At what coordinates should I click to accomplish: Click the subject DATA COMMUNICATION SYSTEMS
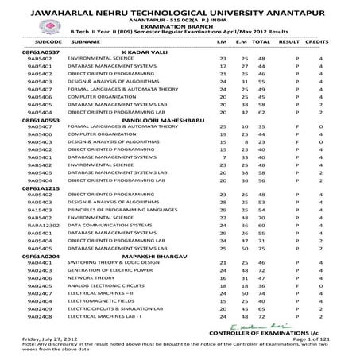point(103,225)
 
